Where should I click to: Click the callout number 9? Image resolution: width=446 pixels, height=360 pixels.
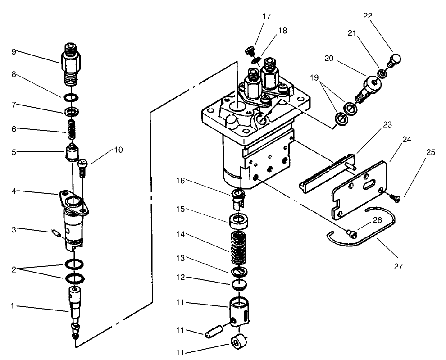point(14,52)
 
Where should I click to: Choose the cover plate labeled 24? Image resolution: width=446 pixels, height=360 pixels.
point(360,189)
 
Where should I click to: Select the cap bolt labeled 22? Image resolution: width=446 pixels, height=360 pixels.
point(394,60)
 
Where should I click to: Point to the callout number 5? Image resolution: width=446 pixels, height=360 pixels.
point(14,152)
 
